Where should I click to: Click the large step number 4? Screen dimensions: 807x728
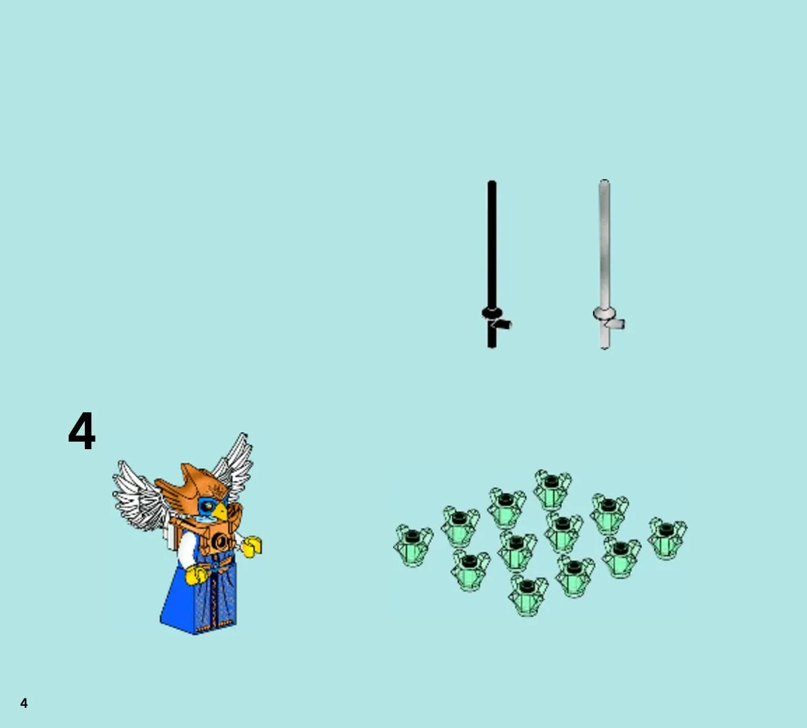point(82,430)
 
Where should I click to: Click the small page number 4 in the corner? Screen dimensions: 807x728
point(24,703)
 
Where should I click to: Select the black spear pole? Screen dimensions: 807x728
point(492,263)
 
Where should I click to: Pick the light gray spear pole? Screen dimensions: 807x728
point(604,263)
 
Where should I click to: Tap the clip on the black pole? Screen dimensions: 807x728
point(501,324)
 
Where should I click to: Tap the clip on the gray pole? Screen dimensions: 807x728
point(615,324)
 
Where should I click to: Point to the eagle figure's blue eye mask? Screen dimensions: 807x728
point(207,506)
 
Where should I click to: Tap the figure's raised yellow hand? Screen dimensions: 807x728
point(252,546)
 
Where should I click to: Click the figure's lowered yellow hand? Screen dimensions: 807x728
point(195,575)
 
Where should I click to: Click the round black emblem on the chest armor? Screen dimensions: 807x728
point(221,541)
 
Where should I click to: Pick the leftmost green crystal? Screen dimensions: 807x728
point(413,545)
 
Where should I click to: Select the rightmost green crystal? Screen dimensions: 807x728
point(667,539)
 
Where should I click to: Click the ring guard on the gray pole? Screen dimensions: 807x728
point(604,312)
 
